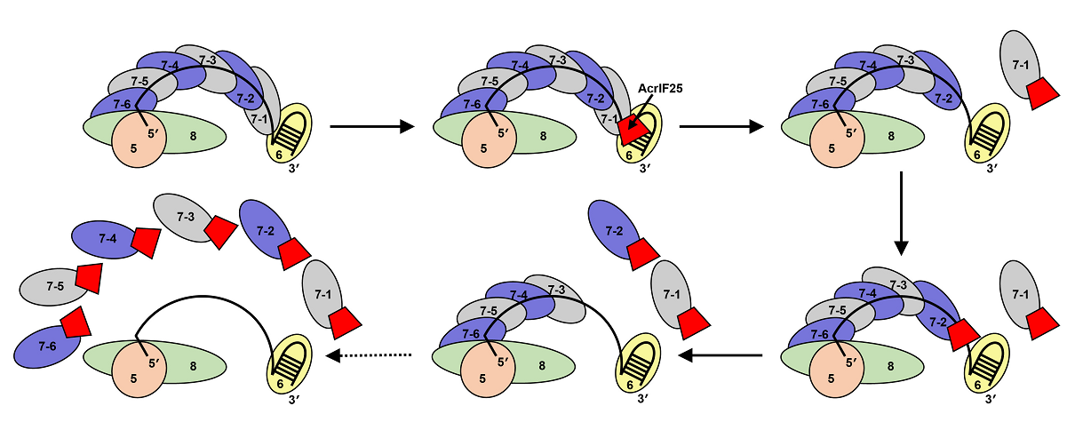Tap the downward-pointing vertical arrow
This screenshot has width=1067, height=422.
(902, 213)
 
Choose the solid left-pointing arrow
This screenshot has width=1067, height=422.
(720, 355)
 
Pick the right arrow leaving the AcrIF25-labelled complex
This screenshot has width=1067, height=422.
(720, 127)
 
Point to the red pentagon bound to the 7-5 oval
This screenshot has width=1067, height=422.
(89, 277)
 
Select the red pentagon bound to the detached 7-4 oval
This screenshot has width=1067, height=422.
(146, 242)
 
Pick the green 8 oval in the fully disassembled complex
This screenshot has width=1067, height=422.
(192, 364)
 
